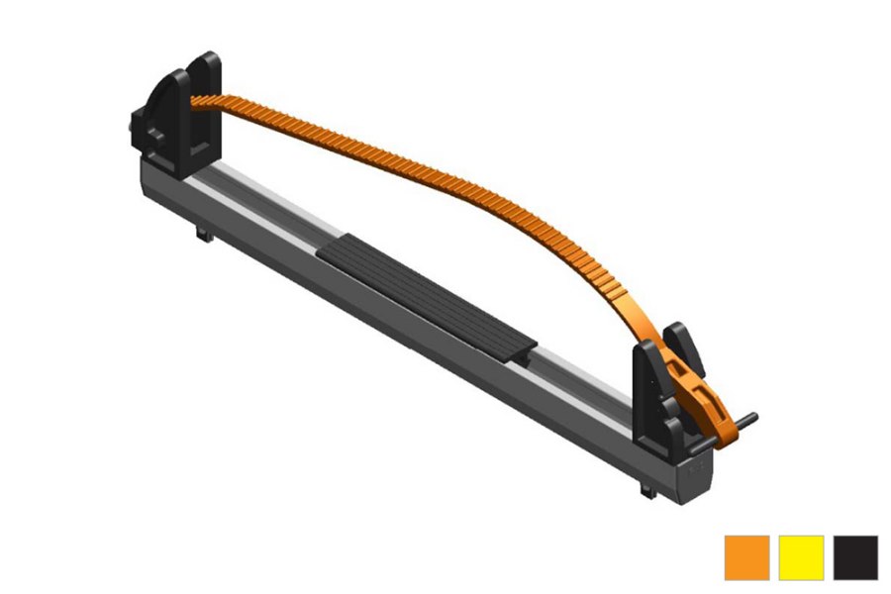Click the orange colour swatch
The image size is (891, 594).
(746, 557)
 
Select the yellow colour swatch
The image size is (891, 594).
(801, 557)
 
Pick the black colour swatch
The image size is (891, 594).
(855, 557)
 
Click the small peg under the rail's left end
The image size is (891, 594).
(202, 235)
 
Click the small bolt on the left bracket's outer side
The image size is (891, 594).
(133, 127)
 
